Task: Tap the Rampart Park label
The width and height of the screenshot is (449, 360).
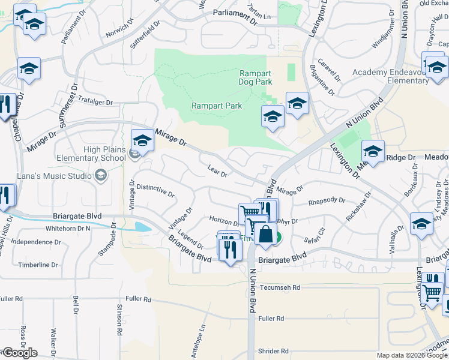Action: click(x=217, y=106)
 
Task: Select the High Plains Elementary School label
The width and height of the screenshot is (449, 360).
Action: click(x=96, y=154)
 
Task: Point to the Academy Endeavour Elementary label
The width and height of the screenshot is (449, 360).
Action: click(x=390, y=76)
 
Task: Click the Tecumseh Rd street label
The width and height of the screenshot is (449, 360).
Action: click(x=280, y=288)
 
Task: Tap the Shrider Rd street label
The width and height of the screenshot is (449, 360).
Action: click(x=274, y=351)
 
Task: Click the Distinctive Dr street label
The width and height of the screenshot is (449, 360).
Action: click(x=155, y=191)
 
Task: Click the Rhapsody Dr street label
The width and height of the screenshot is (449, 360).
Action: click(x=327, y=201)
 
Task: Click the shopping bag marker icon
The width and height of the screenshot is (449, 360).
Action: click(x=265, y=234)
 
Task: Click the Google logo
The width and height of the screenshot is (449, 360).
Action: click(x=19, y=353)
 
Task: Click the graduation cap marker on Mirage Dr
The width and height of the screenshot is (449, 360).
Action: click(x=142, y=140)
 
